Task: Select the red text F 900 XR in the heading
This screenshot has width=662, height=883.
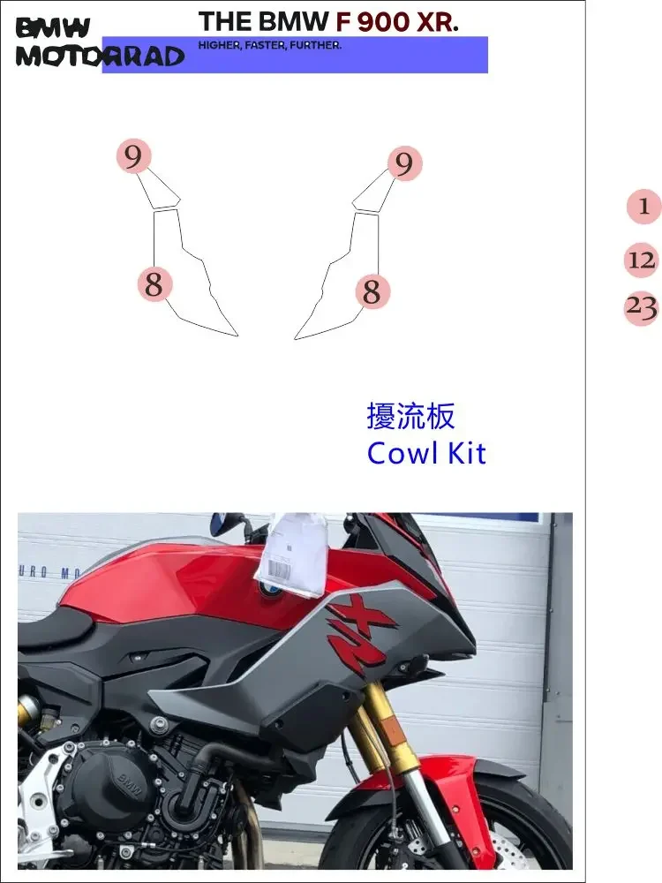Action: (x=397, y=22)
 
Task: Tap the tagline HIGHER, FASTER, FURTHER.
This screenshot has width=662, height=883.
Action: (x=270, y=45)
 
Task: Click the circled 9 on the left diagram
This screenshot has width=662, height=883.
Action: (x=133, y=157)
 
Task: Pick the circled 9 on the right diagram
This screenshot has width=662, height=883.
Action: (x=404, y=163)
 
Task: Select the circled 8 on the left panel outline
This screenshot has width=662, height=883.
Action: (x=154, y=284)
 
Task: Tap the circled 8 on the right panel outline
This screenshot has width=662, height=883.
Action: (x=372, y=291)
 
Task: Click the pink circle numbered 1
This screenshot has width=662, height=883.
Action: (x=643, y=207)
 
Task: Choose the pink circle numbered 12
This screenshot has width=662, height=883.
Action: (x=642, y=260)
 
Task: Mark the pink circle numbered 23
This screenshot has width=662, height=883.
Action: (x=642, y=308)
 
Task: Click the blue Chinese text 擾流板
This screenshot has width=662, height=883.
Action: (x=410, y=416)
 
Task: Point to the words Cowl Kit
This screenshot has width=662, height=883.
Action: (x=426, y=453)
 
